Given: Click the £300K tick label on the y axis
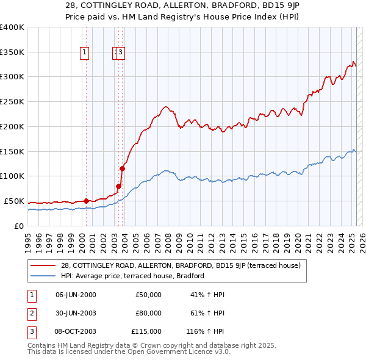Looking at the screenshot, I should (12, 77).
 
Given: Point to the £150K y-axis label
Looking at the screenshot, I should (12, 151).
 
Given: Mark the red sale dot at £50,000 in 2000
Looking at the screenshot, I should (86, 201).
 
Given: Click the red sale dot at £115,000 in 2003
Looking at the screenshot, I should (122, 168).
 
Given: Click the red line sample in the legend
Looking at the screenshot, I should (43, 265).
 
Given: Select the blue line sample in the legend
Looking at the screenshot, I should (43, 276).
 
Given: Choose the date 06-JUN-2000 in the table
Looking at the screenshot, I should (76, 295).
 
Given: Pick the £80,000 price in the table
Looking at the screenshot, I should (148, 313).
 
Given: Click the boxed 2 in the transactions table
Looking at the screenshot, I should (31, 313).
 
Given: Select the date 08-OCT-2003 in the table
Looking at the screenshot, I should (76, 331).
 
